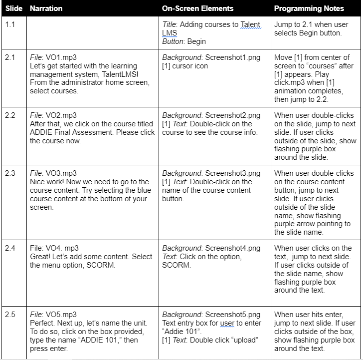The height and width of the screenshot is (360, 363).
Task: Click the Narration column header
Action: (46, 8)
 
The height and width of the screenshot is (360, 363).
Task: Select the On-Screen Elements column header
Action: (197, 8)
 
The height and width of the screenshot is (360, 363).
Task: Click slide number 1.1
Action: (10, 24)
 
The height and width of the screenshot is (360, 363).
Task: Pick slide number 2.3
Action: (10, 173)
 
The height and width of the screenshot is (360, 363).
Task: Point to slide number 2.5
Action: (10, 314)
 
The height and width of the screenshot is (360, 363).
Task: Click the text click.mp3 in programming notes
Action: (291, 83)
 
